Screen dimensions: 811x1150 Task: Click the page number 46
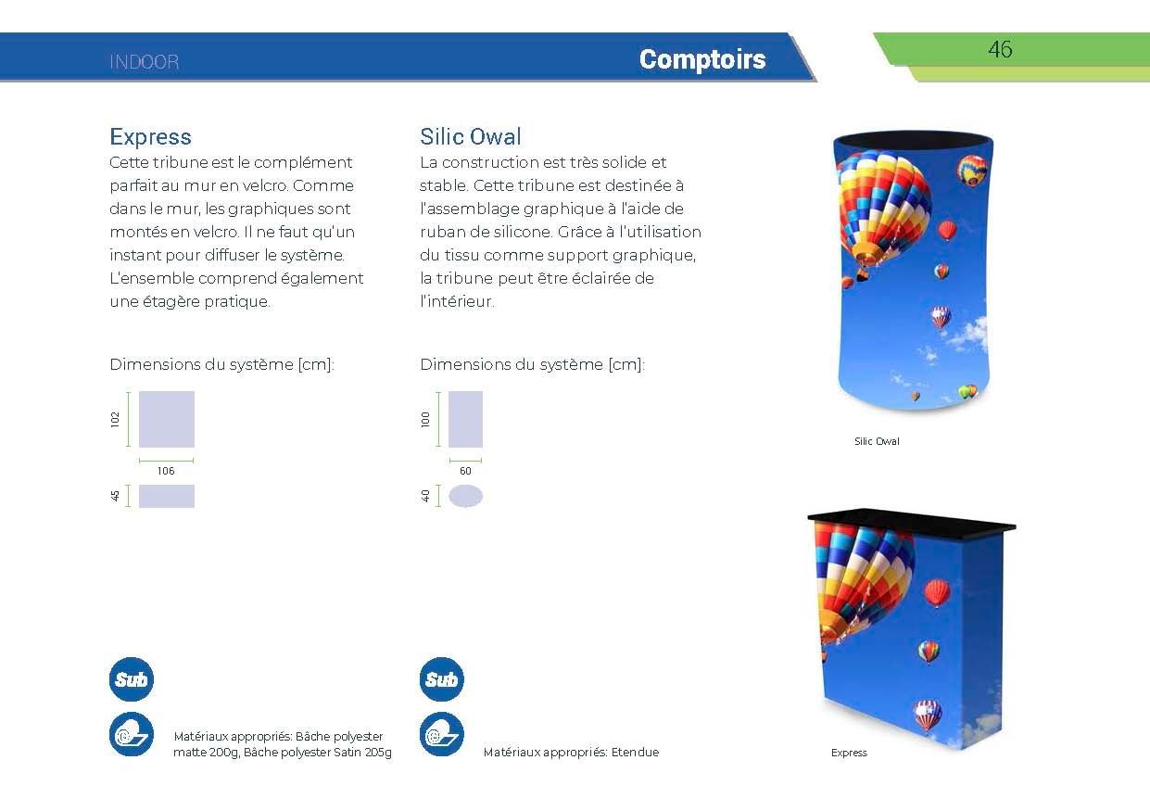pyautogui.click(x=1000, y=49)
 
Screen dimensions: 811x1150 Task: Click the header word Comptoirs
pyautogui.click(x=701, y=59)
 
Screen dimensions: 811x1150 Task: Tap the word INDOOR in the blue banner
pyautogui.click(x=145, y=63)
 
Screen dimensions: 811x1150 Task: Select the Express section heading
pyautogui.click(x=150, y=137)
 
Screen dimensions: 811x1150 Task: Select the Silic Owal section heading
pyautogui.click(x=471, y=137)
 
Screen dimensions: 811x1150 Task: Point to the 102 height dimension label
pyautogui.click(x=116, y=419)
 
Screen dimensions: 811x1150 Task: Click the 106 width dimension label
pyautogui.click(x=166, y=471)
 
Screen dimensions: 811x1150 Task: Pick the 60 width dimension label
pyautogui.click(x=465, y=471)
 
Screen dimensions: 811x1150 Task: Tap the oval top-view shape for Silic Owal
pyautogui.click(x=465, y=496)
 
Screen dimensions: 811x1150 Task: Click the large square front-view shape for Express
pyautogui.click(x=167, y=419)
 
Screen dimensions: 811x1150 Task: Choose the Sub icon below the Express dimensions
pyautogui.click(x=132, y=680)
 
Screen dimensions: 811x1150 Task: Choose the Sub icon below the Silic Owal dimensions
pyautogui.click(x=441, y=680)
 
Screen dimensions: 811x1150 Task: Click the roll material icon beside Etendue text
pyautogui.click(x=441, y=735)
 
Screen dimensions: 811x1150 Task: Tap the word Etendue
pyautogui.click(x=635, y=753)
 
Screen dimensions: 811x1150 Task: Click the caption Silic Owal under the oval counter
pyautogui.click(x=877, y=441)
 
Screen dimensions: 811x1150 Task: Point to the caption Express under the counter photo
pyautogui.click(x=849, y=753)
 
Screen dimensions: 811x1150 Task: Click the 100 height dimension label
pyautogui.click(x=426, y=419)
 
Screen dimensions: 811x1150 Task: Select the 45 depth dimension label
pyautogui.click(x=116, y=496)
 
